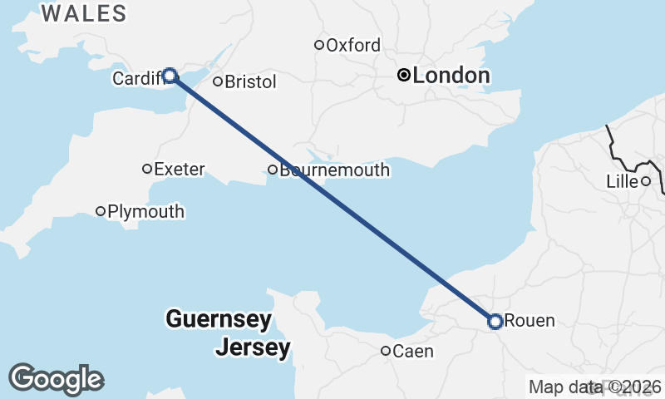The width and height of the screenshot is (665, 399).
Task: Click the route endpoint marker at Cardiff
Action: click(170, 76)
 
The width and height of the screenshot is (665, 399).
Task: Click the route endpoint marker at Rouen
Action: click(495, 321)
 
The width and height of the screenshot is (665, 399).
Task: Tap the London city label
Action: click(451, 76)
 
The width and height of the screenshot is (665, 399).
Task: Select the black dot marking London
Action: click(404, 76)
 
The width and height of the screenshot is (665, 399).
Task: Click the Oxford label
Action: click(353, 45)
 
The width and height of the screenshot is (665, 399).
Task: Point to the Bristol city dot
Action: click(218, 81)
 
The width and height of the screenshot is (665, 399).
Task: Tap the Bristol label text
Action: click(250, 81)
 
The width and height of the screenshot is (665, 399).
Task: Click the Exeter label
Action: click(180, 169)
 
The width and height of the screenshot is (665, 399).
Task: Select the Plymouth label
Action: click(145, 211)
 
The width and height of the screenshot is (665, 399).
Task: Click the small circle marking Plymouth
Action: click(101, 211)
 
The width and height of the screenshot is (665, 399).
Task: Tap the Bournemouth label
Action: click(334, 170)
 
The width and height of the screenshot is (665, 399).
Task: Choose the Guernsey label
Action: click(218, 318)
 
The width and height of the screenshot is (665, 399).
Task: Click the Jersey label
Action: click(253, 347)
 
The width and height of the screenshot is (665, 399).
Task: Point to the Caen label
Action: click(412, 351)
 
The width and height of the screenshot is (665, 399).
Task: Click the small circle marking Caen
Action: click(386, 351)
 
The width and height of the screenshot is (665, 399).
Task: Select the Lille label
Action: click(622, 181)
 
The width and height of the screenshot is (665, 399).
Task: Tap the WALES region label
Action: click(84, 13)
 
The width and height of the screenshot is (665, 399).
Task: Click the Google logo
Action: click(56, 379)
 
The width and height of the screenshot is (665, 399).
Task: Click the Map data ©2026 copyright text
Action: click(594, 387)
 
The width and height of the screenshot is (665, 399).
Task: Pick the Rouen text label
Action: click(530, 321)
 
